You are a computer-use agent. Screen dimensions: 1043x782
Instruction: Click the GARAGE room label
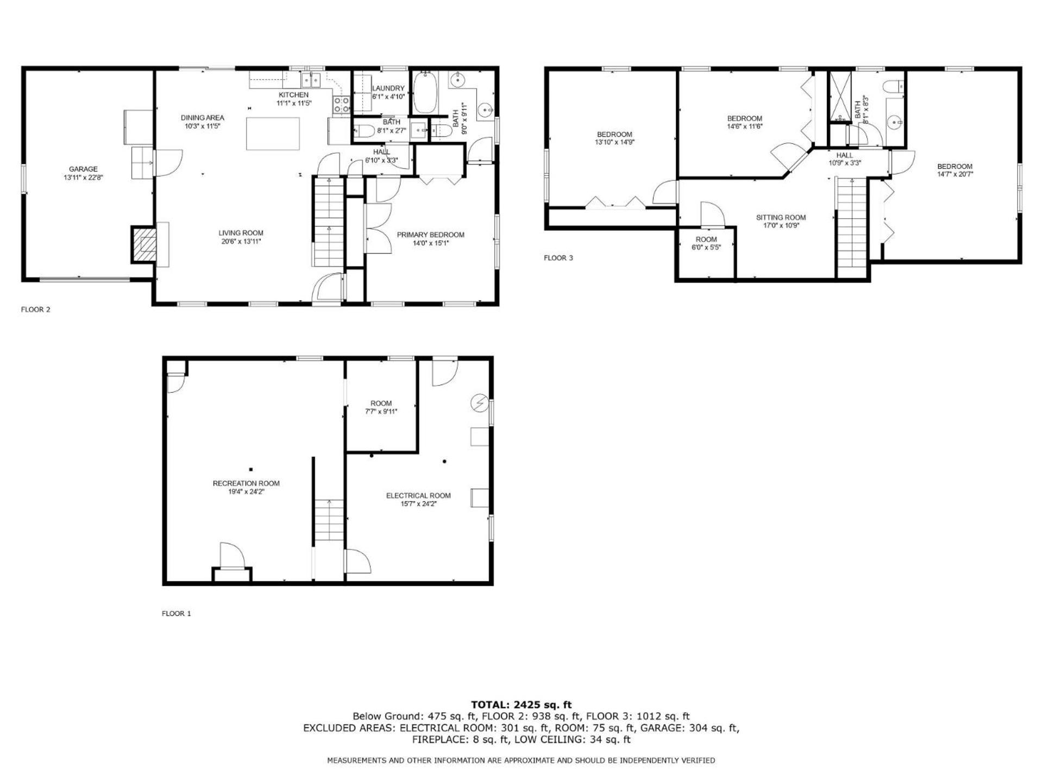tap(83, 169)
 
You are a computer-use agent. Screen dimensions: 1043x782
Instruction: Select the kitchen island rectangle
tap(273, 134)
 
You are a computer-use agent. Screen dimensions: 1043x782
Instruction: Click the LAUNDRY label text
tap(388, 89)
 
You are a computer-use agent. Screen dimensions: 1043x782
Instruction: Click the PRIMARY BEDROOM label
tap(430, 235)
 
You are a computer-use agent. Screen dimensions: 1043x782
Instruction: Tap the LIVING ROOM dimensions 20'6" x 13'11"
tap(241, 242)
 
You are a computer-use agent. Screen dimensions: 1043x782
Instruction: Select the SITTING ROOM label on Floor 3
tap(781, 218)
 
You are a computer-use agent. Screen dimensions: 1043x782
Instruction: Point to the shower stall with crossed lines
tap(839, 96)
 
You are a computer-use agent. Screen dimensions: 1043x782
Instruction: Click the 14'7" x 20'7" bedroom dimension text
tap(954, 175)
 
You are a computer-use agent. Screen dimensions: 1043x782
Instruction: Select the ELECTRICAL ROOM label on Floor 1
tap(418, 495)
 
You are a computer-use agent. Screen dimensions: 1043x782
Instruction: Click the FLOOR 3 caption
tap(558, 258)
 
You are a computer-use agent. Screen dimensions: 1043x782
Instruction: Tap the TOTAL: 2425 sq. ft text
tap(521, 705)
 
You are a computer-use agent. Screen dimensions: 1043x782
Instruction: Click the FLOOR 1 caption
tap(177, 614)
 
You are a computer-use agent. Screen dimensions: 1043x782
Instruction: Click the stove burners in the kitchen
tap(341, 105)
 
